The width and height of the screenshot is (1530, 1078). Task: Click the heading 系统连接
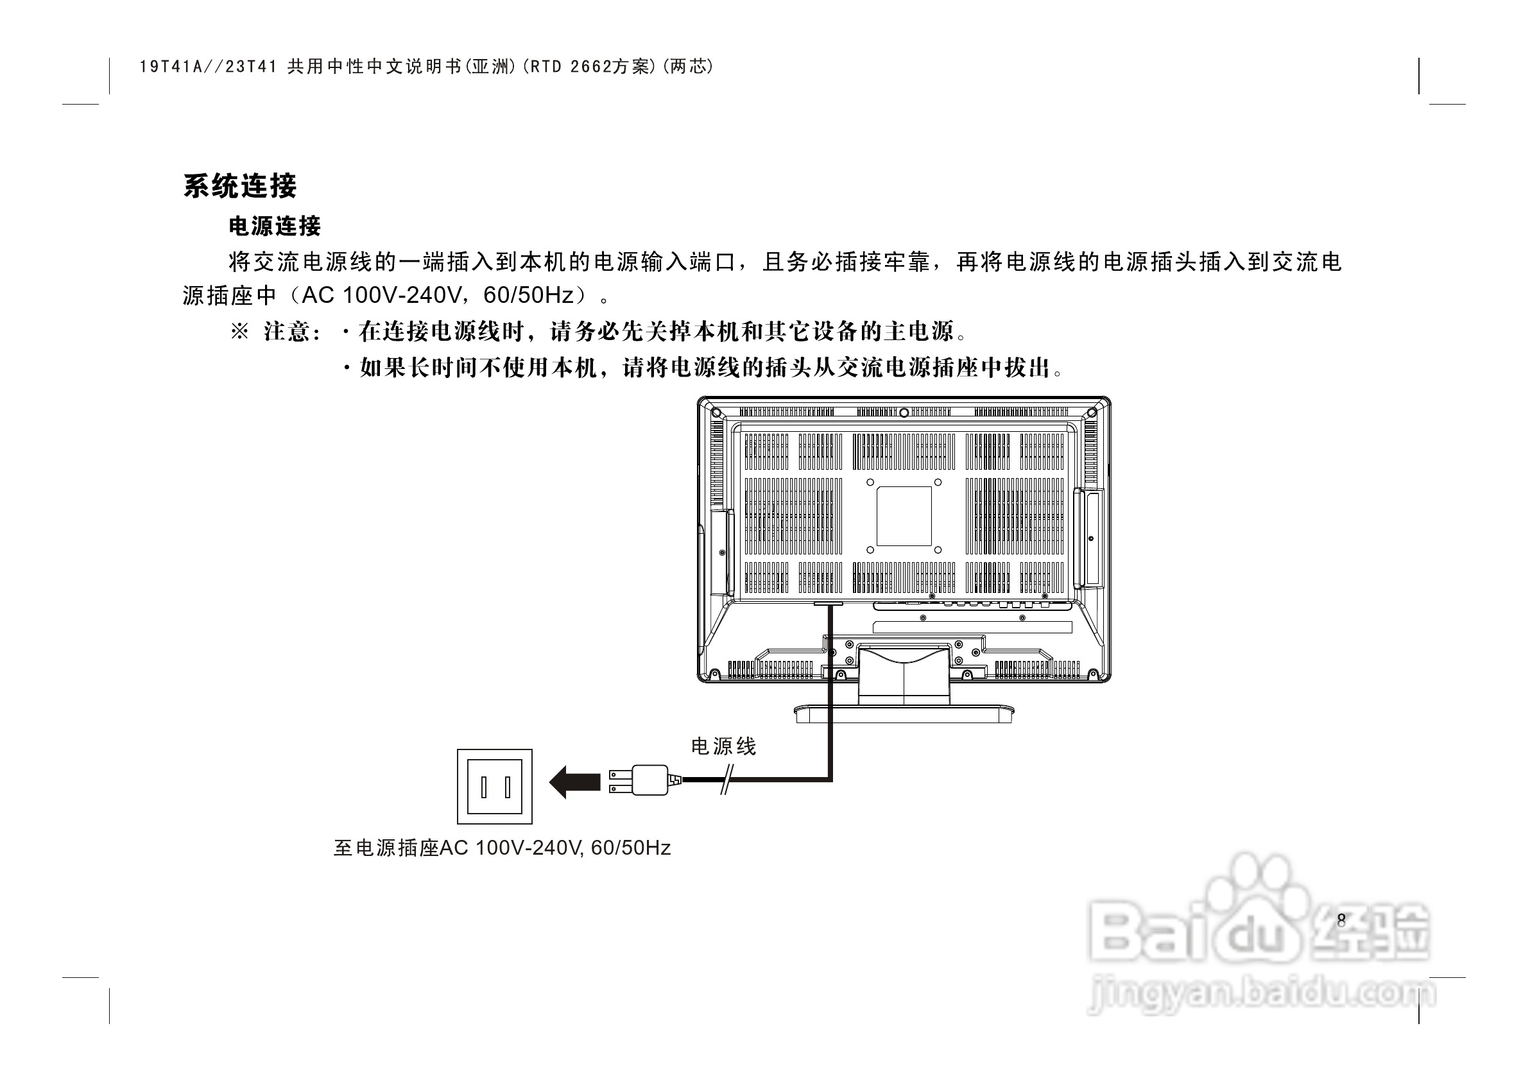(240, 186)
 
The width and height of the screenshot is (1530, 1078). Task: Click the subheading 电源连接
(275, 227)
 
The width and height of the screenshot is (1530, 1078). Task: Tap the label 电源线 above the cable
(723, 747)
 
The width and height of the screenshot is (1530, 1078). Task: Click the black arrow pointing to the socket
(574, 782)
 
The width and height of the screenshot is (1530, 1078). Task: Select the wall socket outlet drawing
(494, 786)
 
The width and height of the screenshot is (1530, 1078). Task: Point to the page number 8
(1341, 920)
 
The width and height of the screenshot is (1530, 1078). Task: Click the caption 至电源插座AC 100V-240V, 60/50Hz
(502, 848)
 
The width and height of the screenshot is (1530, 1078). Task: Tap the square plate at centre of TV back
(904, 516)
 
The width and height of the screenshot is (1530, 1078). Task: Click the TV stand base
(904, 713)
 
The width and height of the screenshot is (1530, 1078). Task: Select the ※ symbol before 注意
(239, 331)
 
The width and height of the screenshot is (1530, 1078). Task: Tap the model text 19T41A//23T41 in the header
(208, 67)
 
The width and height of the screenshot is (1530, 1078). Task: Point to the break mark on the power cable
(726, 780)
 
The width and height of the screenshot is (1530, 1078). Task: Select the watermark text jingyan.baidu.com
(1259, 995)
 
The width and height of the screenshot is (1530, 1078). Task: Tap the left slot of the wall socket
(485, 787)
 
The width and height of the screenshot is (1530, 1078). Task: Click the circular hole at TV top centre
(904, 413)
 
